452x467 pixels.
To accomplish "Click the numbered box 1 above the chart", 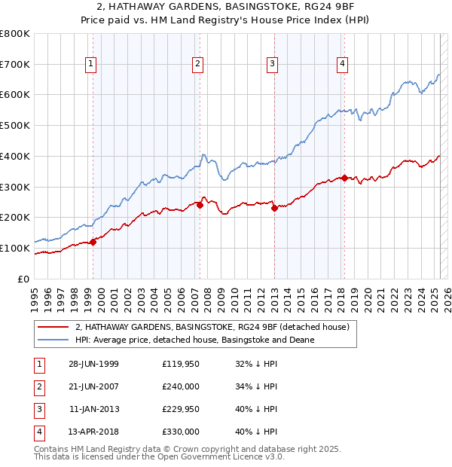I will click(90, 65).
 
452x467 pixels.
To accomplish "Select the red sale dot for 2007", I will click(200, 205).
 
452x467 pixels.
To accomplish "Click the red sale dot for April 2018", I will click(344, 178).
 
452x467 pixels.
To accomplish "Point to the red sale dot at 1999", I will click(93, 242).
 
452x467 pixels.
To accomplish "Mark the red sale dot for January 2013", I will click(274, 209).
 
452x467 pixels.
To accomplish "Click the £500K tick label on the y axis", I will click(15, 126).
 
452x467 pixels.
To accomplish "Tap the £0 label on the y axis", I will click(23, 279).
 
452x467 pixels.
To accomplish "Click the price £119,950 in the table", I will click(180, 364).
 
